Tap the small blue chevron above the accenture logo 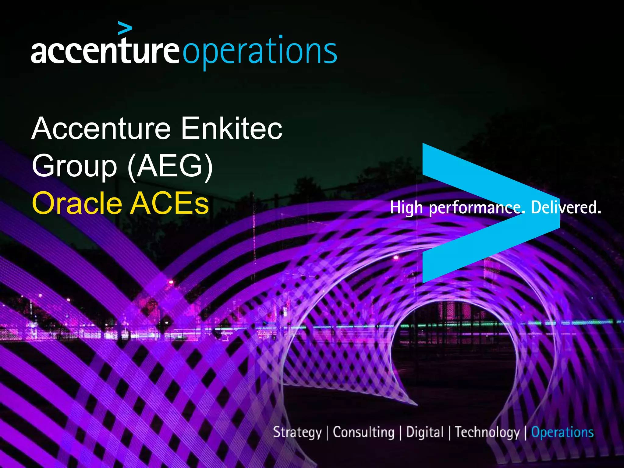(x=125, y=28)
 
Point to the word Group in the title (x=74, y=166)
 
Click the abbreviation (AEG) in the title (x=170, y=166)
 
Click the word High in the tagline (x=406, y=208)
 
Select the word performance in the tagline (x=477, y=208)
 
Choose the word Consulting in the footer (x=363, y=432)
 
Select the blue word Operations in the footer (x=562, y=432)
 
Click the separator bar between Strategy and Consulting (x=327, y=433)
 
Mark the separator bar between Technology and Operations (x=526, y=433)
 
